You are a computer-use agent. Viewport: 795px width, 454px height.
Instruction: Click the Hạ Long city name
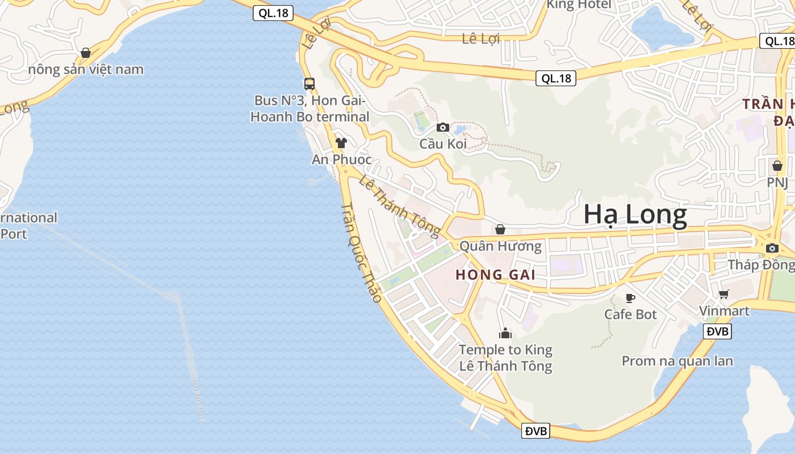click(635, 215)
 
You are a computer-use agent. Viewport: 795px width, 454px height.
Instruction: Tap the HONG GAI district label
click(495, 275)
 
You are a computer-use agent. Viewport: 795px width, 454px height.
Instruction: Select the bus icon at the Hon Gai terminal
click(309, 84)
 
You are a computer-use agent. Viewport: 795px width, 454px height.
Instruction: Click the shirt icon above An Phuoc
click(341, 142)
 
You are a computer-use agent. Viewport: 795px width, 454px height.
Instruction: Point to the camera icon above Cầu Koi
click(442, 127)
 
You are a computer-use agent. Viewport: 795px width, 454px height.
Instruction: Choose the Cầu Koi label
click(443, 144)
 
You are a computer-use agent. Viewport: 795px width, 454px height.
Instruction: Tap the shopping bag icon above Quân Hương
click(500, 229)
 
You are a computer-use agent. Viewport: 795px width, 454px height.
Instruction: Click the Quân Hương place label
click(500, 246)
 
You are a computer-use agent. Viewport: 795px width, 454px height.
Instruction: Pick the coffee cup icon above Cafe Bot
click(630, 297)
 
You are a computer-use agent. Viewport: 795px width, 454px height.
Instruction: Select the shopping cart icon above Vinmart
click(723, 294)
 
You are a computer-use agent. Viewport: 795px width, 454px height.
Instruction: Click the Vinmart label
click(724, 311)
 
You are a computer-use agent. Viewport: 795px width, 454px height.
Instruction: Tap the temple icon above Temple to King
click(505, 333)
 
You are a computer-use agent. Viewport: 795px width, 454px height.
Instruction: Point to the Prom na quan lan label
click(677, 361)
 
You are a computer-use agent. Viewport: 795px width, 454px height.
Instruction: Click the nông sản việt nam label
click(86, 70)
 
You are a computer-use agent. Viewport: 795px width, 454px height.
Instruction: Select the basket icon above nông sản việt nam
click(86, 53)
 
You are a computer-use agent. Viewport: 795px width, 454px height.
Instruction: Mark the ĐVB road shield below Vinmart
click(717, 331)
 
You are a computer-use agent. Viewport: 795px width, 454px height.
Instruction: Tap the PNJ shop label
click(777, 183)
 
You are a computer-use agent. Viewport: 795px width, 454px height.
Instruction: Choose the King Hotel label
click(579, 5)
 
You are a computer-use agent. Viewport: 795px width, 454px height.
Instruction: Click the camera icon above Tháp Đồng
click(772, 248)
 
